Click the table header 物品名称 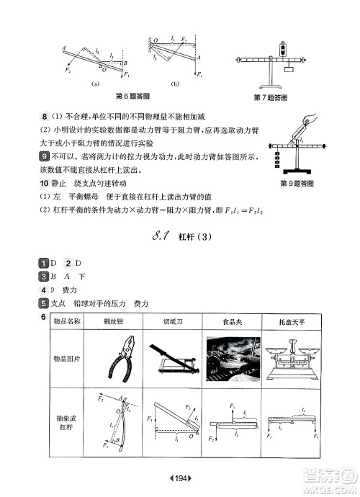pyautogui.click(x=67, y=323)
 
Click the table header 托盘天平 pyautogui.click(x=292, y=323)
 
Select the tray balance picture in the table pyautogui.click(x=292, y=359)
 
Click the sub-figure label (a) pyautogui.click(x=94, y=84)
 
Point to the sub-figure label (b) pyautogui.click(x=174, y=84)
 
